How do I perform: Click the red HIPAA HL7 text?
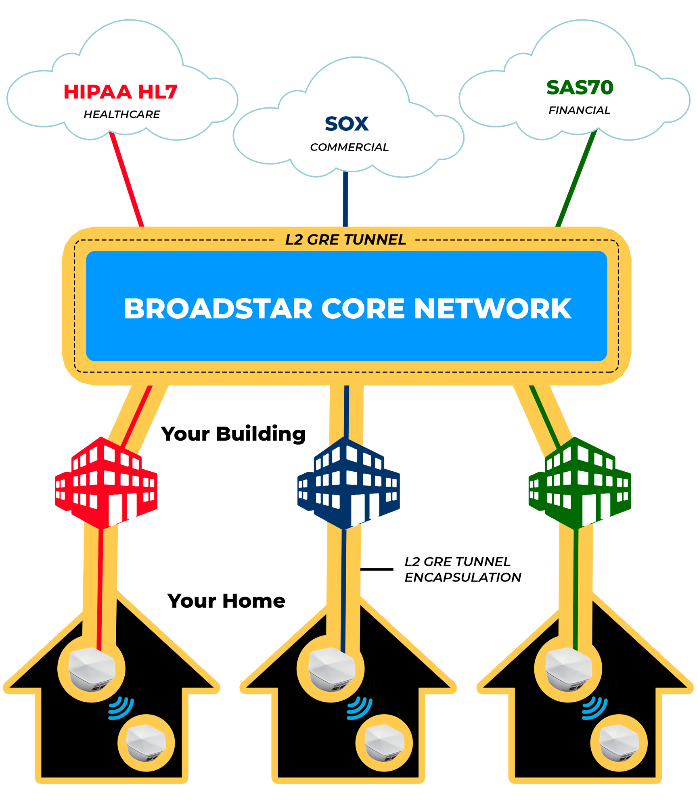[x=120, y=92]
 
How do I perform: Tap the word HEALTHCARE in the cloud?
[x=122, y=115]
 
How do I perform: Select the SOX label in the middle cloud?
[x=347, y=124]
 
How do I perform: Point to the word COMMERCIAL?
[x=349, y=147]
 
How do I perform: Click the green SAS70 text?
[x=580, y=88]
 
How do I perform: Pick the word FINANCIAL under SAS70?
[x=579, y=111]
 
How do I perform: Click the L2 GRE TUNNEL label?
[x=345, y=240]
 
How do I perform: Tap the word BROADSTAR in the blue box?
[x=218, y=309]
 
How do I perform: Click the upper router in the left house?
[x=92, y=669]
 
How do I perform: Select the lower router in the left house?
[x=146, y=743]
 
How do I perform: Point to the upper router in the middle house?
[x=331, y=669]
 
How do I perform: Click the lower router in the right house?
[x=619, y=743]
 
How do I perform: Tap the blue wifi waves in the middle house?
[x=359, y=708]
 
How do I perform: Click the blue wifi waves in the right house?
[x=594, y=708]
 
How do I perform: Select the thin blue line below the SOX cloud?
[x=345, y=200]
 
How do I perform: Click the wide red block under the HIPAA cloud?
[x=141, y=184]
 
